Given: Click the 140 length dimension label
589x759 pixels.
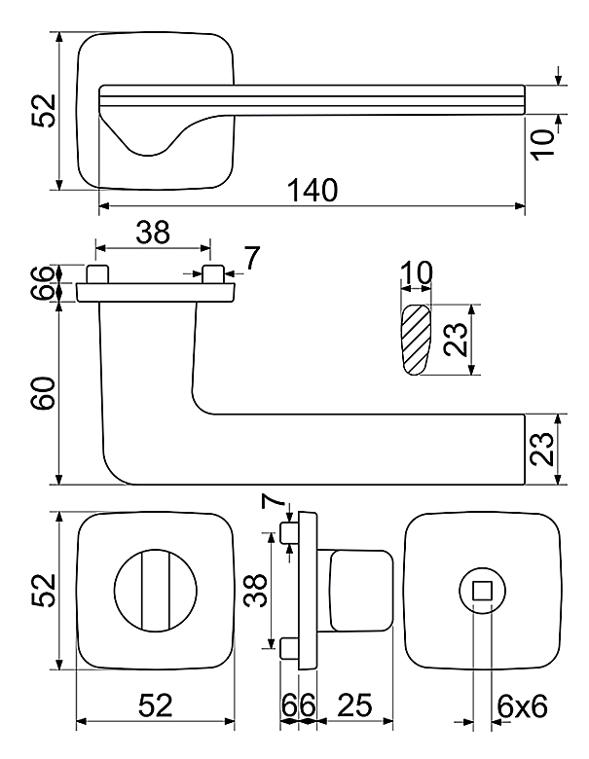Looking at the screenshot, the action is (313, 190).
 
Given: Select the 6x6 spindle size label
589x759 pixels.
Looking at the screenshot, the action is (522, 706).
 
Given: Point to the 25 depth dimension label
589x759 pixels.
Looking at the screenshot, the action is (354, 705).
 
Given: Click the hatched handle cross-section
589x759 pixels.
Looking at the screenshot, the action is (415, 340).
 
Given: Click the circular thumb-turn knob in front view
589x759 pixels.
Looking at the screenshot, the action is (156, 590).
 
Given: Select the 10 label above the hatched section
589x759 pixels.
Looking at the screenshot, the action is (416, 273).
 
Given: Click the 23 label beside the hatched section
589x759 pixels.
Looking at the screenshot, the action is (456, 340).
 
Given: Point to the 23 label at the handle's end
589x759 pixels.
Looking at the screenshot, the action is (541, 449).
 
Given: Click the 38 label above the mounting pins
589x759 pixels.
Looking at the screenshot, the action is (153, 232).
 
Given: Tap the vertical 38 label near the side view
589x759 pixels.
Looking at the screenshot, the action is (255, 590).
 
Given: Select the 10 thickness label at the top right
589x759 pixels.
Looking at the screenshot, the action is (542, 143).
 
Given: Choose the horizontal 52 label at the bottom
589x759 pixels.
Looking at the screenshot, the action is (156, 705).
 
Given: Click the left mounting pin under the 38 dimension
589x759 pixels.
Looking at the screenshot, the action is (97, 274).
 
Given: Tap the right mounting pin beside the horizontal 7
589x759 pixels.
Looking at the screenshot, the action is (212, 274).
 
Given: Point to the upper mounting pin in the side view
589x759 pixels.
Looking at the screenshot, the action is (290, 532).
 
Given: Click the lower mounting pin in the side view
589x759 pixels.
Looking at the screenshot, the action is (290, 648).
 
